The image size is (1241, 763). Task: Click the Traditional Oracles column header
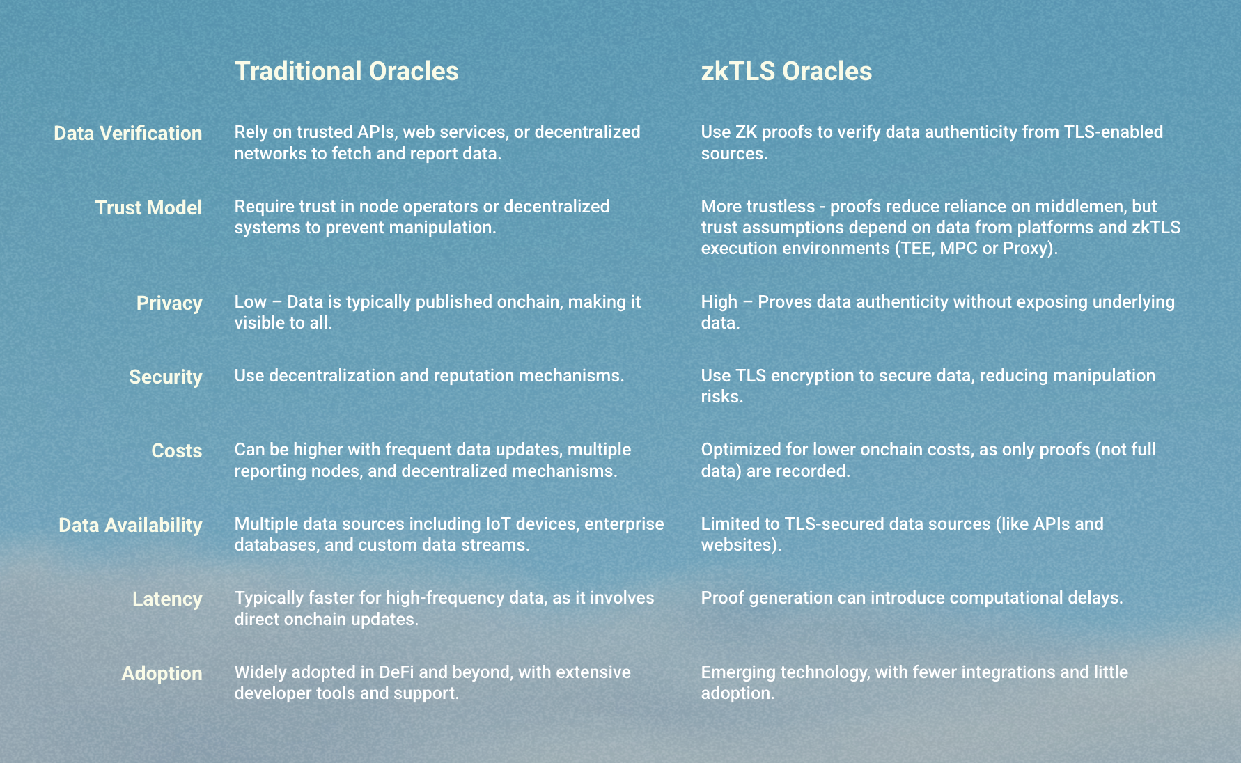coord(346,71)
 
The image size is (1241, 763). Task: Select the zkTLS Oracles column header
coord(786,71)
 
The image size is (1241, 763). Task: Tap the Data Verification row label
coord(128,133)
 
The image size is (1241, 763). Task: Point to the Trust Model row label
coord(149,207)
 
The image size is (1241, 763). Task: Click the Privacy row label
coord(169,304)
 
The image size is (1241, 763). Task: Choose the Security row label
coord(166,377)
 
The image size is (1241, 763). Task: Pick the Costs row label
coord(177,450)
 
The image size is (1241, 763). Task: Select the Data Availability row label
coord(130,525)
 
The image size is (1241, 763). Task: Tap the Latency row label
coord(167,599)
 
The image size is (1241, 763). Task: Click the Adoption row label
coord(162,673)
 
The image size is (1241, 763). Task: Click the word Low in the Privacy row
coord(251,301)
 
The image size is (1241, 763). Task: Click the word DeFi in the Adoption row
coord(396,672)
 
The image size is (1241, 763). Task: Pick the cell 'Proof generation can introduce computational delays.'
coord(912,598)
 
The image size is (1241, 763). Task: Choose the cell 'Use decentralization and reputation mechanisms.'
coord(429,376)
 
